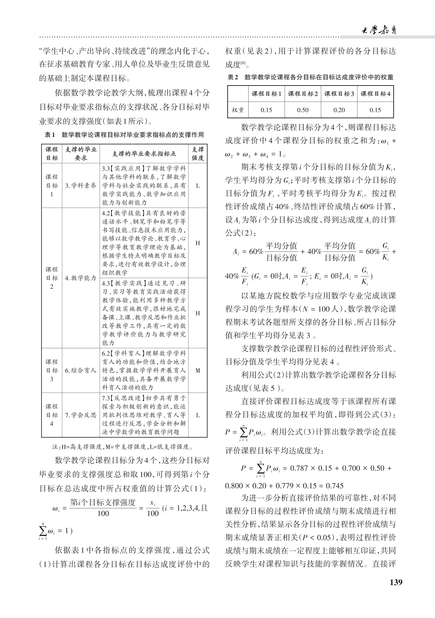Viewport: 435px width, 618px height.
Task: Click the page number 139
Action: tap(396, 582)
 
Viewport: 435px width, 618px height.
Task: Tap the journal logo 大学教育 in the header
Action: tap(379, 30)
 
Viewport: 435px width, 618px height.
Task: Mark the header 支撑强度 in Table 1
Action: tap(198, 154)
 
